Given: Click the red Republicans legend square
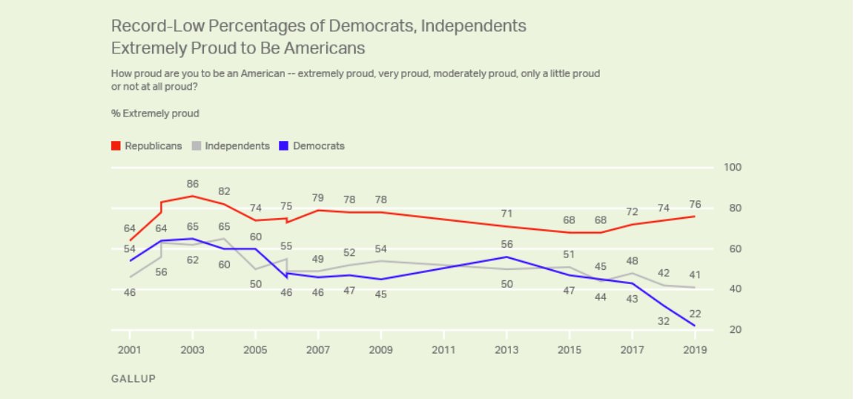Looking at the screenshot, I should click(x=116, y=146).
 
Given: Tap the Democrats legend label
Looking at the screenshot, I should click(x=319, y=146).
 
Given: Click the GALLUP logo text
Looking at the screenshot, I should click(x=133, y=378).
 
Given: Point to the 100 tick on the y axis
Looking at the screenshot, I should click(x=733, y=168).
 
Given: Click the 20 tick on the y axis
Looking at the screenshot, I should click(x=733, y=329).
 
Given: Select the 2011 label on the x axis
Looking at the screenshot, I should click(x=443, y=349).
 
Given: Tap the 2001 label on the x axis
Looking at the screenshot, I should click(x=130, y=349).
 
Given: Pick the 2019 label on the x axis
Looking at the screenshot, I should click(x=694, y=349).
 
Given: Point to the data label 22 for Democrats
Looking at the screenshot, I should click(x=695, y=314).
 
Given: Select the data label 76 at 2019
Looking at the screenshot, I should click(x=695, y=204).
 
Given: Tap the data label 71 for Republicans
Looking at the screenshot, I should click(x=506, y=214).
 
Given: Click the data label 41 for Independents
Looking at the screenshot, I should click(x=695, y=275).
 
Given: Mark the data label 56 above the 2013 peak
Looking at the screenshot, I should click(x=506, y=244).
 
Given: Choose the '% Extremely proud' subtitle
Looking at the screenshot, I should click(x=155, y=113).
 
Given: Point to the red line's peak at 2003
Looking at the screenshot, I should click(x=193, y=196).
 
